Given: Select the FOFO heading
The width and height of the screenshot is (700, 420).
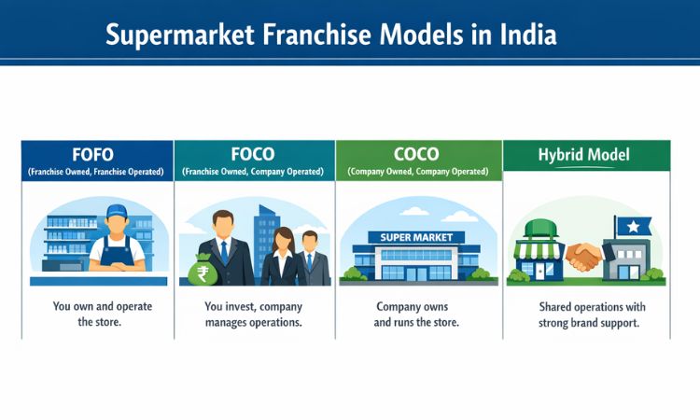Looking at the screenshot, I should point(96,153).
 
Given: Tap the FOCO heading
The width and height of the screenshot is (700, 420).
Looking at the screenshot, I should point(253,153).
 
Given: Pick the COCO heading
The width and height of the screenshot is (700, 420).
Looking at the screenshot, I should point(418,153).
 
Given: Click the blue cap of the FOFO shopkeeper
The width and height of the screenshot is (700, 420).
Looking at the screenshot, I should point(117,212).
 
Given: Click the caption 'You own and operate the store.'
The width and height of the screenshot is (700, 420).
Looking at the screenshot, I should point(97,315).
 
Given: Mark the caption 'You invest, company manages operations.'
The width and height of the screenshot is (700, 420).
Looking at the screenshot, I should point(253,315).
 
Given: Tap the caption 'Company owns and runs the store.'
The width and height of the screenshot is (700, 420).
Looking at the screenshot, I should point(418,315).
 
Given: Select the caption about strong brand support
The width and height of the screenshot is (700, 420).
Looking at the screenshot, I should point(585,315).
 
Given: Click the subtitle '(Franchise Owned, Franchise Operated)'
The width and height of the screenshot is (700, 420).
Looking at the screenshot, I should point(96,173).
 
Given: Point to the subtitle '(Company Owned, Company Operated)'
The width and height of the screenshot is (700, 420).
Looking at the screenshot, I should point(418,173).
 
